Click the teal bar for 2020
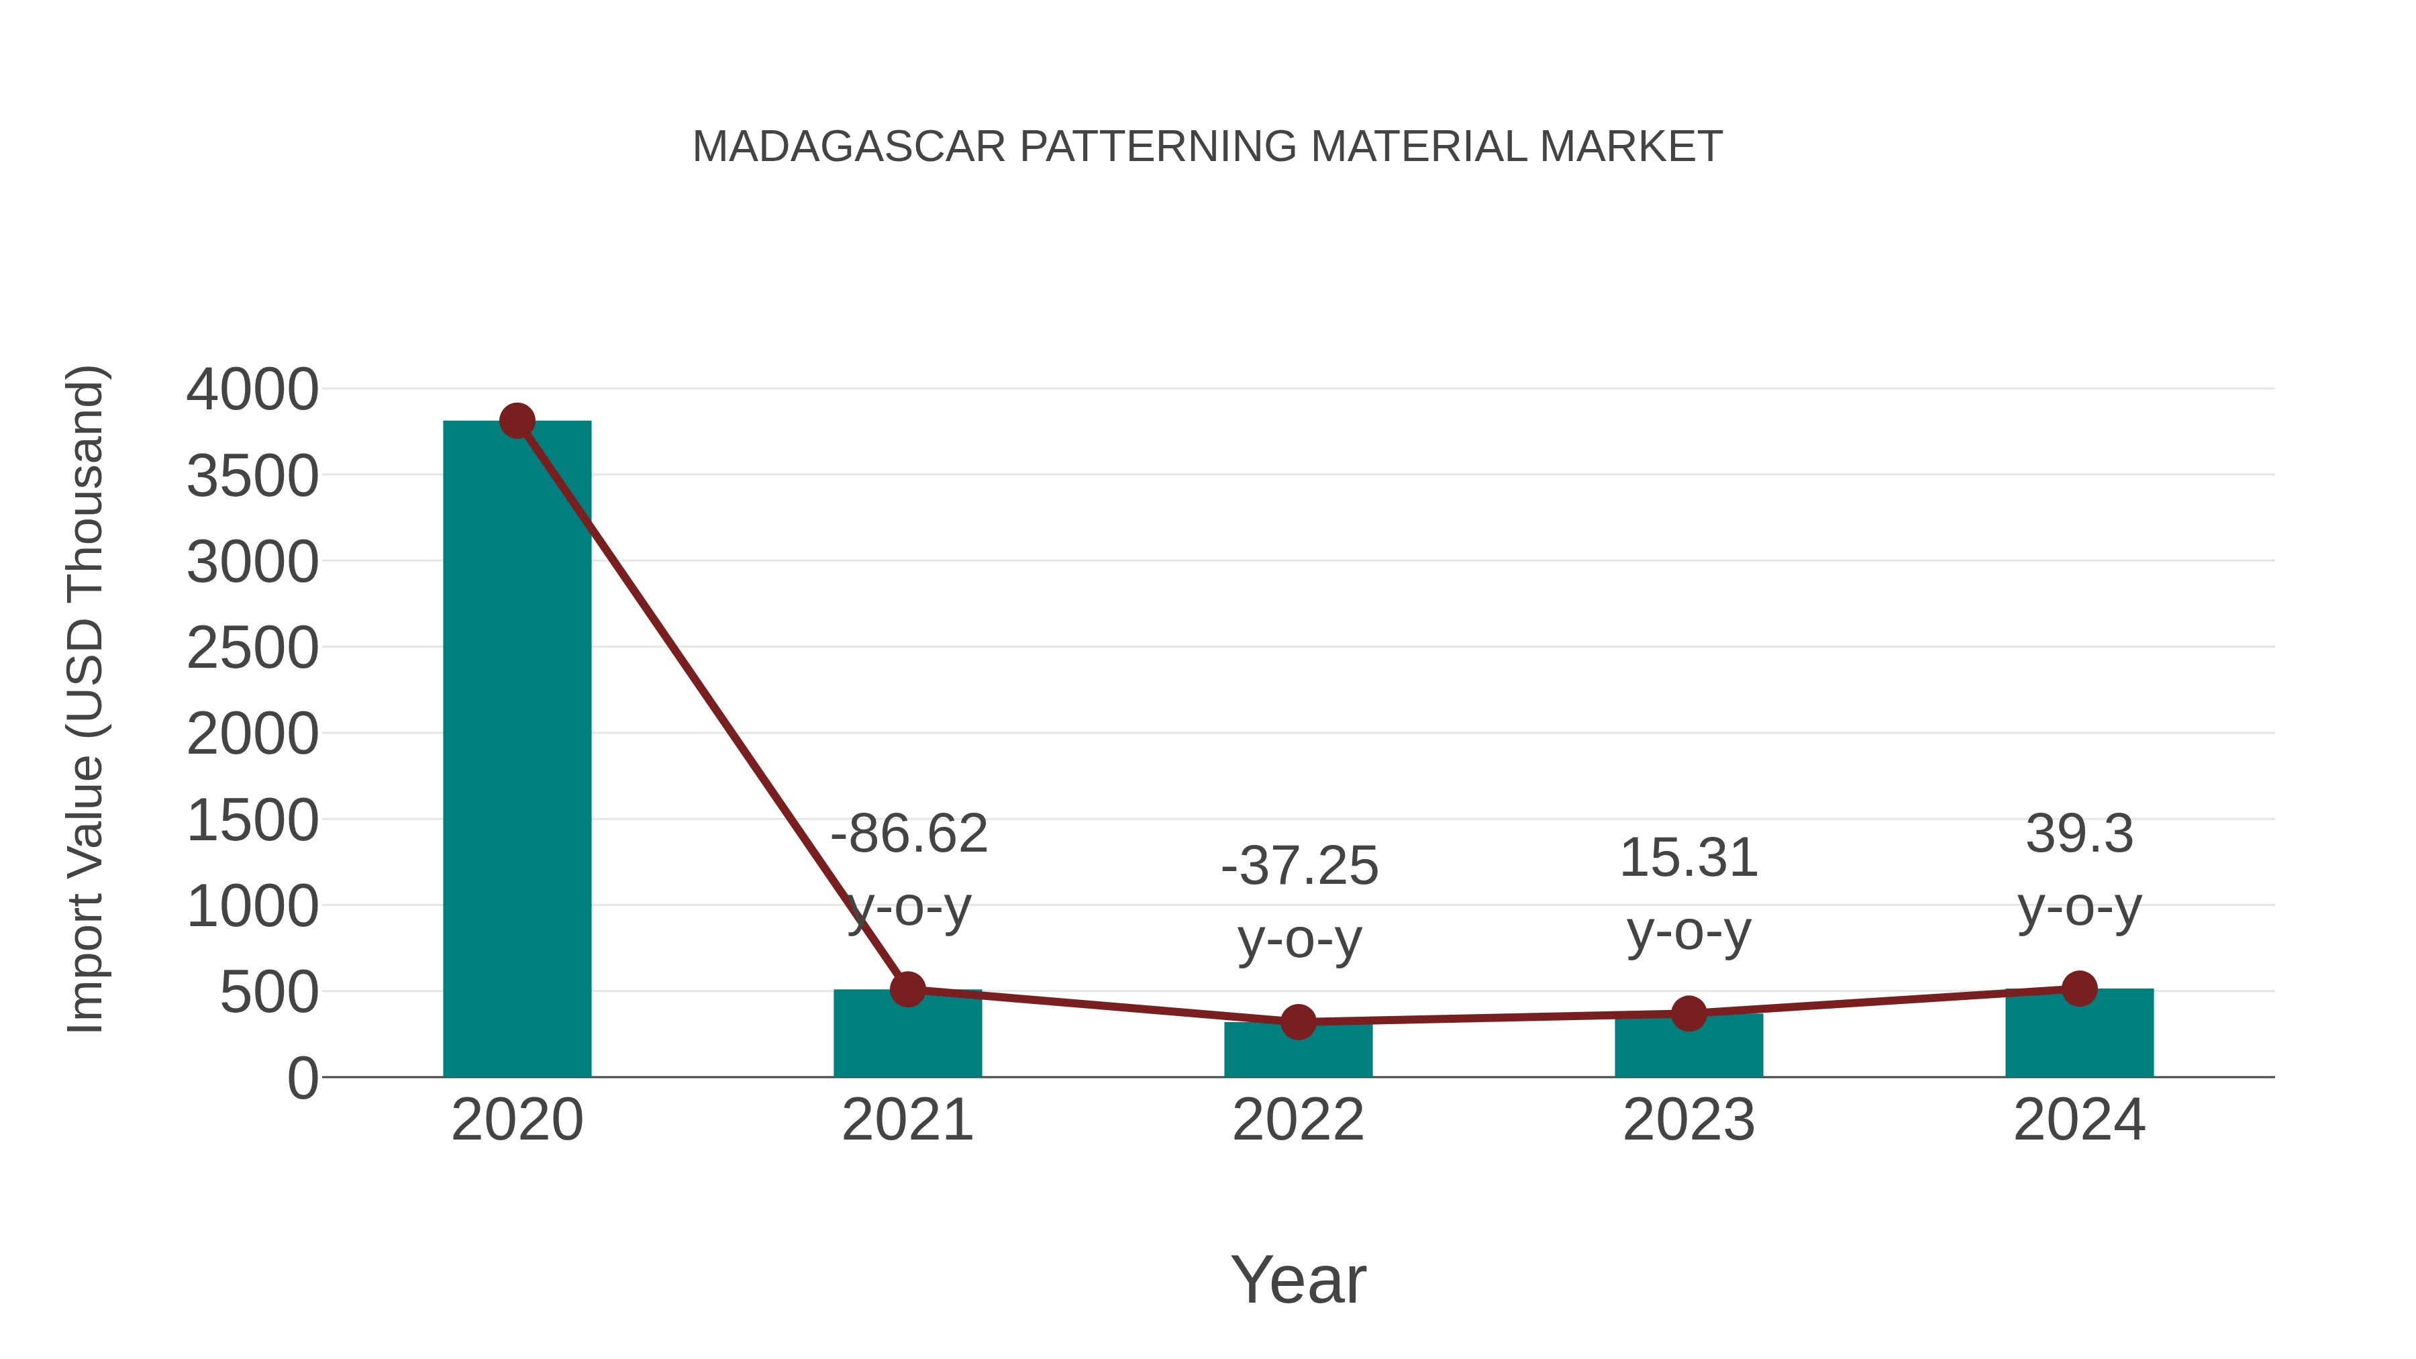[x=517, y=750]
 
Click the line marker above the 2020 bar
[x=517, y=421]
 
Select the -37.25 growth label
[x=1299, y=866]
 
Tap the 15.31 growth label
[x=1689, y=858]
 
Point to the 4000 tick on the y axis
[x=252, y=390]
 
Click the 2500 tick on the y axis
[x=252, y=648]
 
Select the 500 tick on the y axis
[x=269, y=993]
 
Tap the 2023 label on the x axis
[x=1689, y=1120]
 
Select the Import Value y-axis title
[x=85, y=699]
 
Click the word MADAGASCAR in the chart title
[x=849, y=147]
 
